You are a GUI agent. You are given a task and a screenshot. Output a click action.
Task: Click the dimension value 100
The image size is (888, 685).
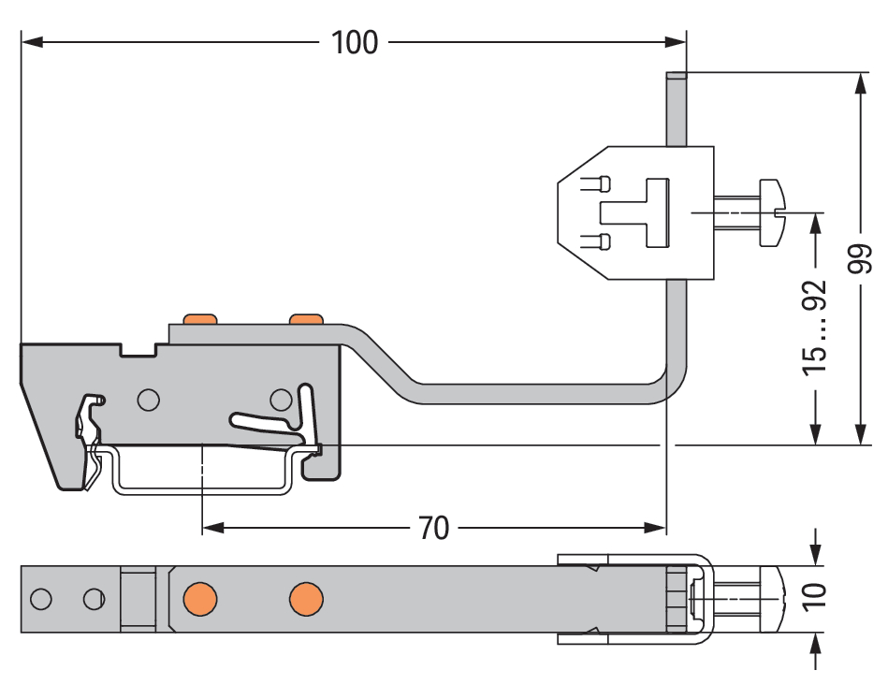pyautogui.click(x=355, y=42)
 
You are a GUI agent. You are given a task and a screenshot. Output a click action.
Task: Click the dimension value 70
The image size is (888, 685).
pyautogui.click(x=433, y=529)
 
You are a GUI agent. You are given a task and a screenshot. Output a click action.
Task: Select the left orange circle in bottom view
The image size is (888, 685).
pyautogui.click(x=199, y=597)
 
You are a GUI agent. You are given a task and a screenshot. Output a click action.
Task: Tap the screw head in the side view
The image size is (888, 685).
pyautogui.click(x=772, y=213)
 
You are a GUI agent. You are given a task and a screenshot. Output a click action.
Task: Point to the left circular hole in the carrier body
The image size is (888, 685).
pyautogui.click(x=147, y=401)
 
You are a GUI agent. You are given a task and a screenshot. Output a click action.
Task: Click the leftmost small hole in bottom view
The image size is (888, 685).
pyautogui.click(x=40, y=598)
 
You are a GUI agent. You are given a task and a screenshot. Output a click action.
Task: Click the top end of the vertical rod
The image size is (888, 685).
pyautogui.click(x=677, y=78)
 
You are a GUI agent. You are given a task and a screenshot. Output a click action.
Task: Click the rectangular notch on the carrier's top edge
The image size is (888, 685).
pyautogui.click(x=138, y=349)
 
